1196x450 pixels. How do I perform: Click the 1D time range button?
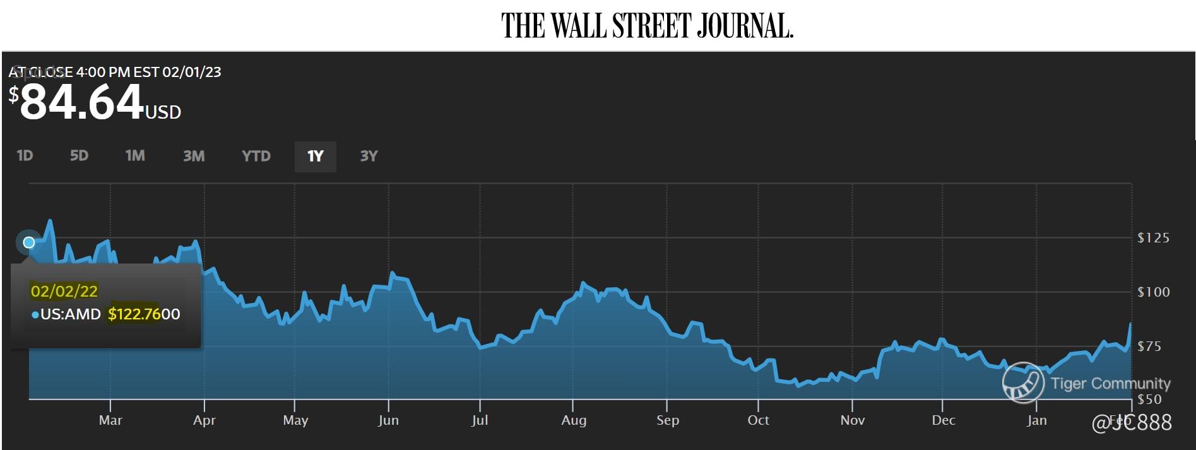(x=25, y=156)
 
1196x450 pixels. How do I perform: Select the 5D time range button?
(x=79, y=156)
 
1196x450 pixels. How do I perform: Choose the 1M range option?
(x=135, y=156)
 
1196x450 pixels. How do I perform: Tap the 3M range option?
(x=194, y=156)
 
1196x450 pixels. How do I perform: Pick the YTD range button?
(x=256, y=156)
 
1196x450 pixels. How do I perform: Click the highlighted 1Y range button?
(x=315, y=157)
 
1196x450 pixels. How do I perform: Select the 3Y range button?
(x=369, y=156)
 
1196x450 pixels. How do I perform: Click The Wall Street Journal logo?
(x=647, y=26)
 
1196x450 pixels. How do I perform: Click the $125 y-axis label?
(x=1153, y=238)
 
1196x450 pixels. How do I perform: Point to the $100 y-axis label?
(x=1153, y=292)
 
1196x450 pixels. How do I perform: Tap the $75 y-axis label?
(x=1149, y=346)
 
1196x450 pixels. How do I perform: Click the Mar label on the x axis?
(x=110, y=420)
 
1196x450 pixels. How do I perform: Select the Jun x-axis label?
(x=388, y=420)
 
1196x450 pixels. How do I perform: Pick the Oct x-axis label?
(x=758, y=420)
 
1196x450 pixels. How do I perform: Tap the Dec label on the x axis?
(x=944, y=420)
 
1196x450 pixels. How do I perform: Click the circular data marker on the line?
(x=28, y=242)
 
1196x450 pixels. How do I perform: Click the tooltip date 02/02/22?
(x=64, y=291)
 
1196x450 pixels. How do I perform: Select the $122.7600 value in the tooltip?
(x=144, y=314)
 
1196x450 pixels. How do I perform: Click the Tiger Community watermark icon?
(x=1022, y=382)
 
